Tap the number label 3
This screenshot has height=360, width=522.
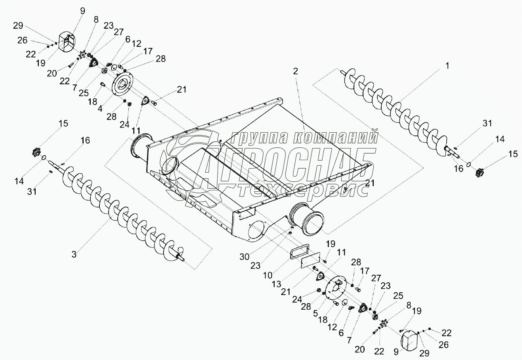74,254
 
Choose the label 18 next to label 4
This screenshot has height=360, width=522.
92,101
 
